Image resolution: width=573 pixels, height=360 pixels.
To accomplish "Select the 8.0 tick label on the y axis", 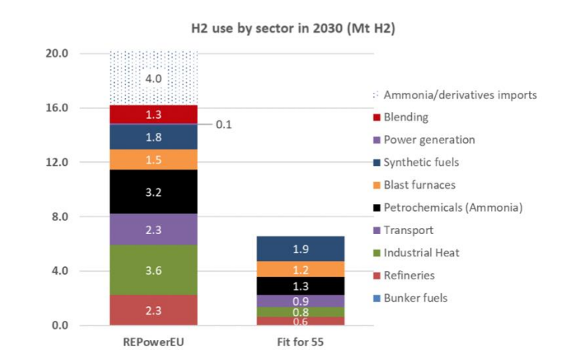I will click(60, 217).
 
